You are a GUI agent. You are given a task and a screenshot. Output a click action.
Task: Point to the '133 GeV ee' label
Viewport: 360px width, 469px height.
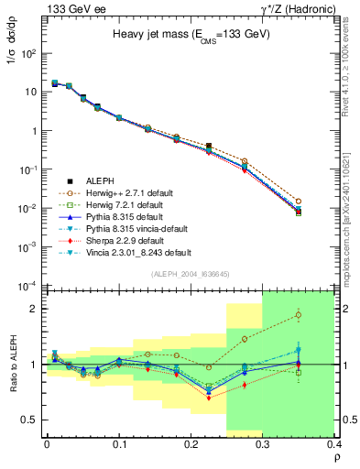(x=69, y=8)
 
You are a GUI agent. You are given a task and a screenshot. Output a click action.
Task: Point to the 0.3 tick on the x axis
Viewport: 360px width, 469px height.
(x=264, y=444)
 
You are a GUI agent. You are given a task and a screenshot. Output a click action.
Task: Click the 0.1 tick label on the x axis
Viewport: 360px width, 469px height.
(x=119, y=444)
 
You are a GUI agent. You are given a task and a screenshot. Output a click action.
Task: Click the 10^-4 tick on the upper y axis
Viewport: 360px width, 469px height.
(x=27, y=285)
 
